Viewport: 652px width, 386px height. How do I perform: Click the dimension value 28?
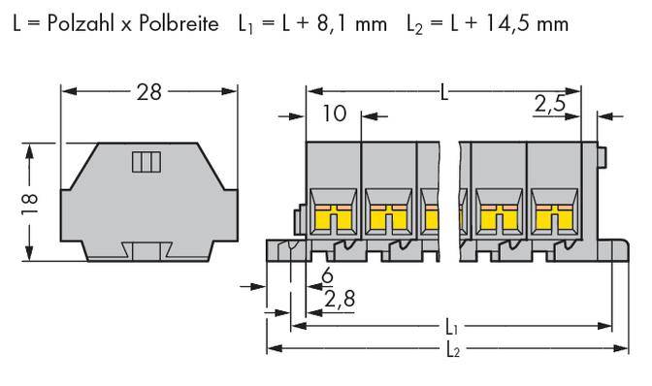tap(150, 92)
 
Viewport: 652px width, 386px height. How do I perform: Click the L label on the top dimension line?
tap(444, 92)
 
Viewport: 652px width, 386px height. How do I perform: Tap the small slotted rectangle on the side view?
tap(144, 162)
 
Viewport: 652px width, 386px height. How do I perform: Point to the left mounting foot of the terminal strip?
tap(282, 250)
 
